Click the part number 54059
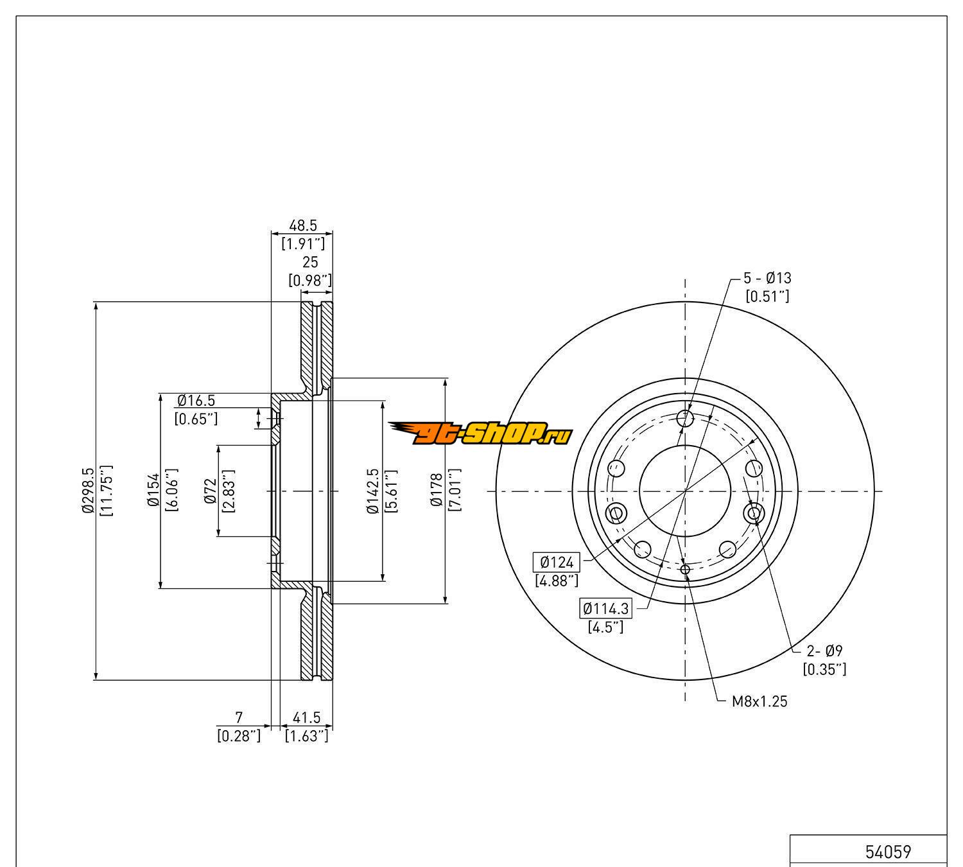[888, 852]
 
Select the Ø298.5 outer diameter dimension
[87, 491]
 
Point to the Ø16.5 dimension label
[196, 401]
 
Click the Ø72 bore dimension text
[210, 491]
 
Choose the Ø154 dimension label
[153, 491]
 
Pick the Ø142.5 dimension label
[373, 491]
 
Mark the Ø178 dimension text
[437, 491]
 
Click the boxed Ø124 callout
[556, 563]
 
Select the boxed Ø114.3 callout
[605, 608]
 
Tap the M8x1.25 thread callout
[759, 701]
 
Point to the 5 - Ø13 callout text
[767, 278]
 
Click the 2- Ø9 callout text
[824, 651]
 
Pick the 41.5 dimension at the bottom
[306, 717]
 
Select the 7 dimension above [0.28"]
[239, 717]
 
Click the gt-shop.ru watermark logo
[480, 434]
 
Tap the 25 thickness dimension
[310, 262]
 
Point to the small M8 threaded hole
[685, 569]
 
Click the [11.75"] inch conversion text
[107, 491]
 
